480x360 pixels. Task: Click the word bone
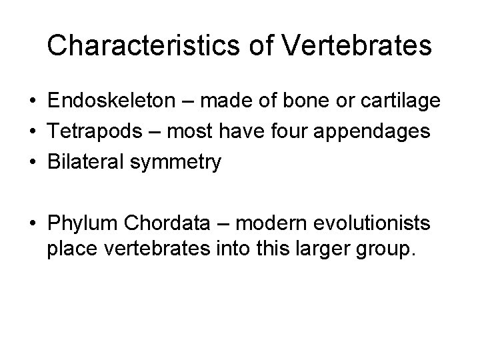pos(295,101)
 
